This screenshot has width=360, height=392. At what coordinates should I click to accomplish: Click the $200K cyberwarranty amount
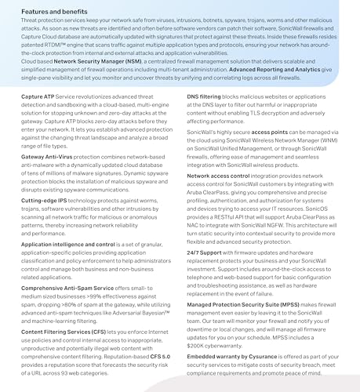[199, 343]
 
